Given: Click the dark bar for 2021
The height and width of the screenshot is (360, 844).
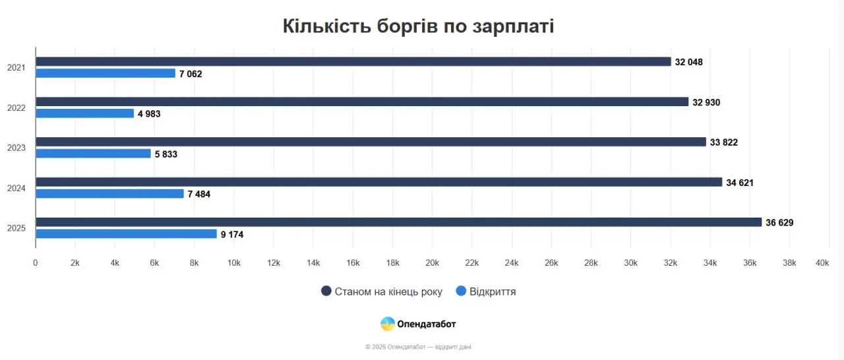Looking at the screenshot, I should (x=353, y=61).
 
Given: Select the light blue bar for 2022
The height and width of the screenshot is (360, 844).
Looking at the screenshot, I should (x=84, y=113).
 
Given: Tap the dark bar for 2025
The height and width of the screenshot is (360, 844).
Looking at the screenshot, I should (x=398, y=222).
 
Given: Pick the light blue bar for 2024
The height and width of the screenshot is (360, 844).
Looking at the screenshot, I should (x=109, y=194).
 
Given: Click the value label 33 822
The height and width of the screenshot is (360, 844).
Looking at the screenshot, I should (x=723, y=142).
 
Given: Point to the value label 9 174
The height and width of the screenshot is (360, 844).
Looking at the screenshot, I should (x=232, y=234).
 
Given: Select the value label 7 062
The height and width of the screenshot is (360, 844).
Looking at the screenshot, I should (x=191, y=74).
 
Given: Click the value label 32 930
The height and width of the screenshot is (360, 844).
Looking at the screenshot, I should (x=706, y=102).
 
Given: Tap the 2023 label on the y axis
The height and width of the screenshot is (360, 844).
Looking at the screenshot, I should (x=16, y=148).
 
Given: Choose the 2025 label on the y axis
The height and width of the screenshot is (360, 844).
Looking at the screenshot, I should (x=16, y=228).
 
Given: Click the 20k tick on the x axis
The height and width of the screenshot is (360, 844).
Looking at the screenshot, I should (x=432, y=263).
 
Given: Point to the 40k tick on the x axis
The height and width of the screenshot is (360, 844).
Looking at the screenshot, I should (x=822, y=263).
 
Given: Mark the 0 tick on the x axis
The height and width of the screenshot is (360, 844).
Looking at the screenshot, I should (x=36, y=263).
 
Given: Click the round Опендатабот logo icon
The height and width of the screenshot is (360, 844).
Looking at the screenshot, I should (x=388, y=324).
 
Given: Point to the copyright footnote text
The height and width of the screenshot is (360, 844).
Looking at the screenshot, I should (x=418, y=347).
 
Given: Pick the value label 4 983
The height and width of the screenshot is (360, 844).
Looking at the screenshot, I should (x=149, y=114).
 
